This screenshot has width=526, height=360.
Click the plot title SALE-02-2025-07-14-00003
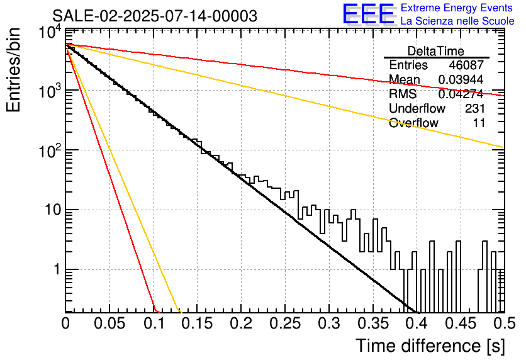(155, 16)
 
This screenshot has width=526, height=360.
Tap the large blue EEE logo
(369, 14)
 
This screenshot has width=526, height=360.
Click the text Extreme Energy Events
(457, 8)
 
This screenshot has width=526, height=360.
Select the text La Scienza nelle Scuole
(457, 21)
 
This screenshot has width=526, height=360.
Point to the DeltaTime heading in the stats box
(436, 51)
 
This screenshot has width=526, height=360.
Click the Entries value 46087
(466, 65)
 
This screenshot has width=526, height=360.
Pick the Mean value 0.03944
(461, 79)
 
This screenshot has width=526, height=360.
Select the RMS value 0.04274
(461, 94)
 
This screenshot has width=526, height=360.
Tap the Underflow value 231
(474, 108)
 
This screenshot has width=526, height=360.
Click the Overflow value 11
(479, 123)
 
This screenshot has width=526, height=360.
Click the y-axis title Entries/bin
(13, 70)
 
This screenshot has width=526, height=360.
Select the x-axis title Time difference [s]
(430, 346)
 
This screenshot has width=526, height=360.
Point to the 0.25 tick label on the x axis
(285, 323)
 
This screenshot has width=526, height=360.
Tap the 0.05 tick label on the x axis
(109, 323)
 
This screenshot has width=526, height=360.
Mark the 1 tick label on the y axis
(57, 269)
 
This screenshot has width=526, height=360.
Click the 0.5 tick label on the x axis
(504, 323)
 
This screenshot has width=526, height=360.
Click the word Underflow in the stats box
(417, 108)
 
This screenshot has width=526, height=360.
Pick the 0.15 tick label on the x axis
(198, 323)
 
